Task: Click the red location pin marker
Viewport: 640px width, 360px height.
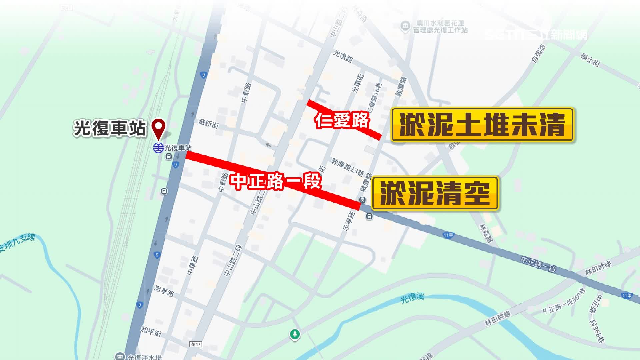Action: [158, 128]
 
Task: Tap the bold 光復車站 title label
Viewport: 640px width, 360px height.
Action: [110, 128]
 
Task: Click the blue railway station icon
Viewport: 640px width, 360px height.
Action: [158, 147]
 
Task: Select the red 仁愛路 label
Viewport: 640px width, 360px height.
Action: [342, 120]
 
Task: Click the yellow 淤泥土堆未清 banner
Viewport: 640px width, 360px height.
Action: [482, 125]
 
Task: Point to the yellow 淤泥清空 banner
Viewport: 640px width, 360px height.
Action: [435, 193]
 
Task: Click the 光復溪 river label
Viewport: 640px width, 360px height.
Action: [412, 298]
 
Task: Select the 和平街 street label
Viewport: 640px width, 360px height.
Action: [151, 331]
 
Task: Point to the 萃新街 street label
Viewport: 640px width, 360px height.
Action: [208, 124]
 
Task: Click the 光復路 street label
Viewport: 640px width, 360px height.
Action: [343, 56]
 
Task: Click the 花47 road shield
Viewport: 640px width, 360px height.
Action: [196, 344]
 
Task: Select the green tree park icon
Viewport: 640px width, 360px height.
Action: [295, 334]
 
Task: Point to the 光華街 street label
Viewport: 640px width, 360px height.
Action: [358, 84]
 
